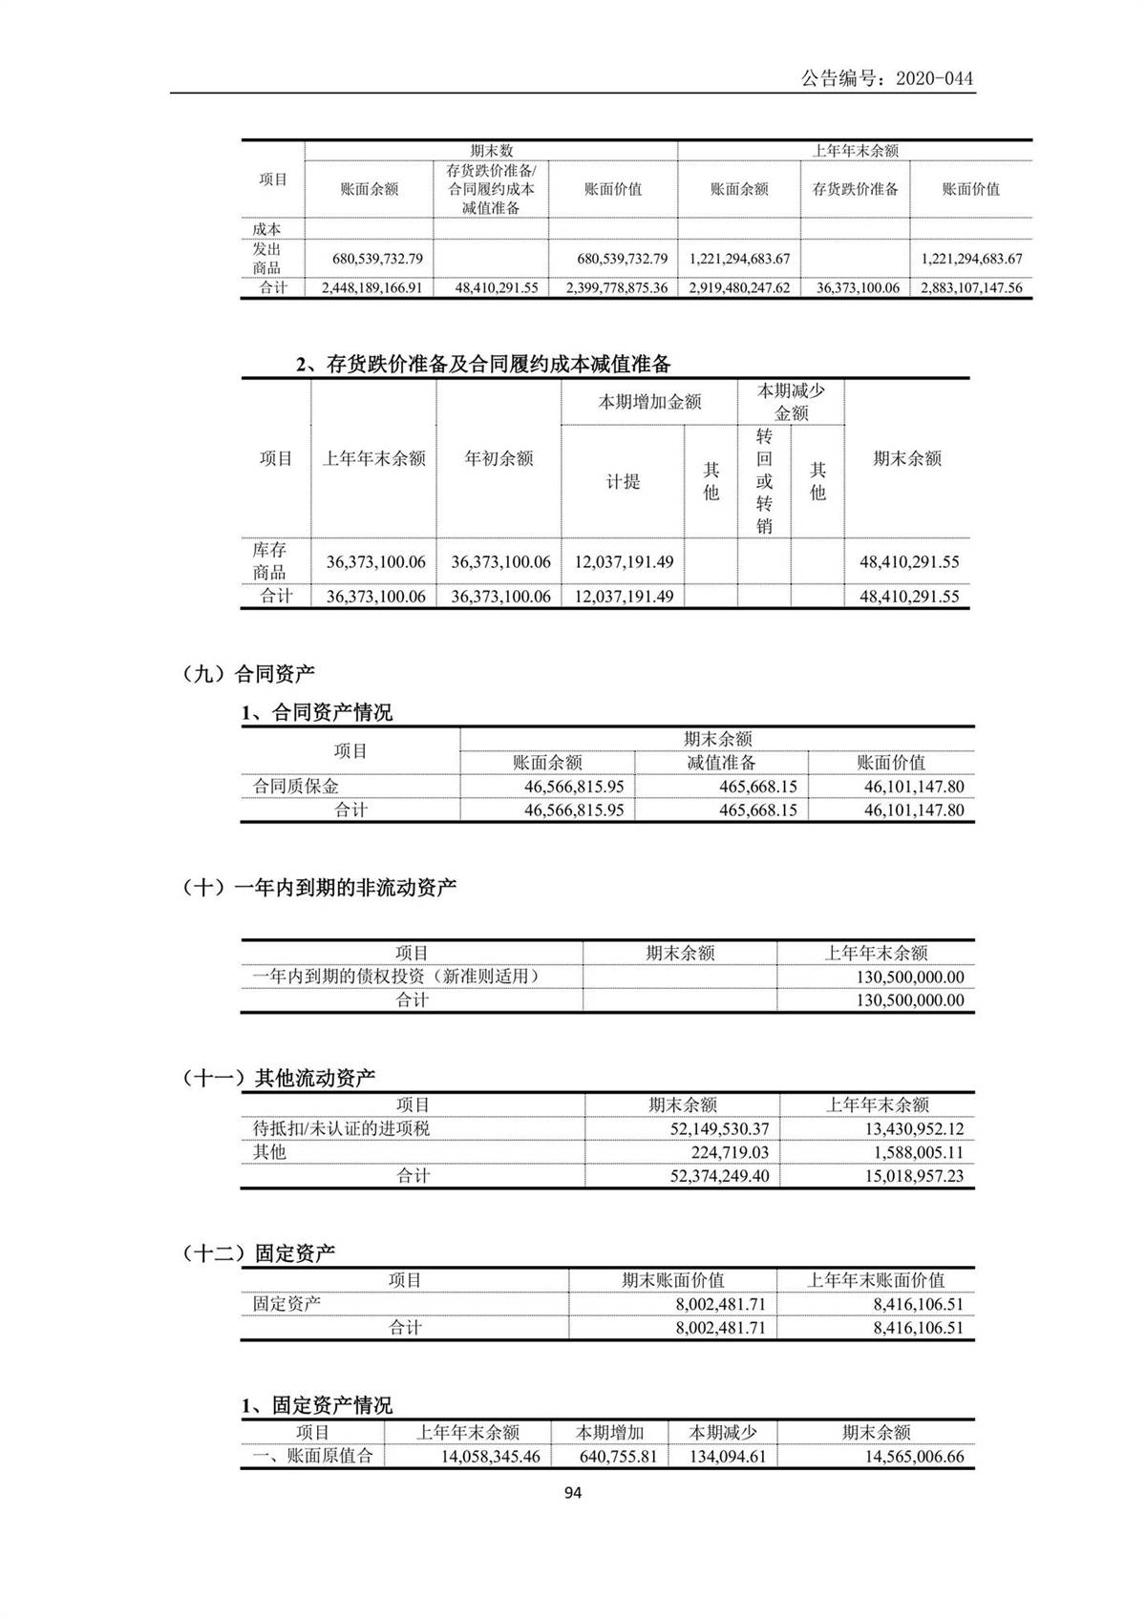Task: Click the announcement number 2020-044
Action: coord(887,78)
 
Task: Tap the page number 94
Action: coord(573,1493)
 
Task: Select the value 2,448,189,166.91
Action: coord(370,287)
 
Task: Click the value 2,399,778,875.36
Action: coord(613,287)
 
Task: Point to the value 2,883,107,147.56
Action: coord(971,287)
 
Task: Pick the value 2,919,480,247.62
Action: coord(739,287)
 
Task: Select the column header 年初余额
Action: coord(499,459)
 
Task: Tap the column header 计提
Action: coord(623,482)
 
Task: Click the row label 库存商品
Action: coord(270,561)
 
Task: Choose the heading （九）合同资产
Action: coord(248,674)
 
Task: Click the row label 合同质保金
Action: coord(296,787)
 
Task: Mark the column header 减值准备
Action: coord(721,763)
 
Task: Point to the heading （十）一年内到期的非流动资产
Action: coord(319,888)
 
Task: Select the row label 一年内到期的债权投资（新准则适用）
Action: coord(396,977)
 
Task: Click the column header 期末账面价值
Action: coord(672,1280)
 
